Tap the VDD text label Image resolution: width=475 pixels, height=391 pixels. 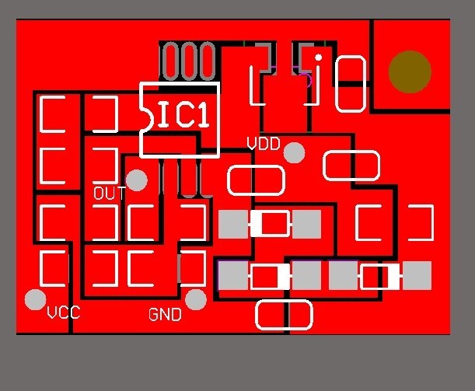[264, 144]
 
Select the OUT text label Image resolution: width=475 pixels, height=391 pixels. [109, 194]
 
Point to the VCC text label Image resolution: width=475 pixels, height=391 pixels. [64, 313]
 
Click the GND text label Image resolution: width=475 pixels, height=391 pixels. [165, 315]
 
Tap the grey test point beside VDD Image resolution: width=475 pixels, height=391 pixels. [293, 152]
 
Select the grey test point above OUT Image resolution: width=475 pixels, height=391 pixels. [136, 180]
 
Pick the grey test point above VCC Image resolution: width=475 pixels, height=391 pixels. [35, 299]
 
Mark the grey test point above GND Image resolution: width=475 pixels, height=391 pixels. [196, 298]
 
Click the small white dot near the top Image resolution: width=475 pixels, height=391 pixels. [318, 58]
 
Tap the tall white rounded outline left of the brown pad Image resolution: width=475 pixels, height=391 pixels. [351, 83]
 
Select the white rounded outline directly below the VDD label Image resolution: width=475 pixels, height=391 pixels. [256, 181]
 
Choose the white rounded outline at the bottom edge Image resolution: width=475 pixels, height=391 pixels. [284, 315]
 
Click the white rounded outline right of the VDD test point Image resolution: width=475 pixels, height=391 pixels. [351, 166]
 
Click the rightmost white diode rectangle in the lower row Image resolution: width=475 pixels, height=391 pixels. [381, 275]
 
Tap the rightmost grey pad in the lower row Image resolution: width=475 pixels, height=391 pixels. [417, 275]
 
